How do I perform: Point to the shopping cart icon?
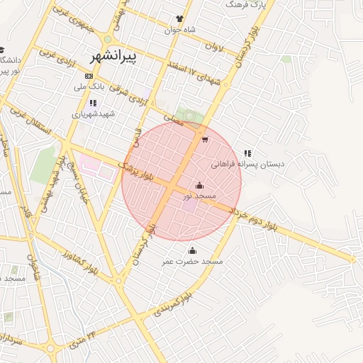[x=205, y=140]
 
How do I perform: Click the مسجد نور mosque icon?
[x=199, y=186]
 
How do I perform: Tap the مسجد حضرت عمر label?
[x=192, y=262]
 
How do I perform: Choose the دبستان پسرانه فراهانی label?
[x=247, y=164]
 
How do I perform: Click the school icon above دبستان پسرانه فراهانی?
[x=247, y=152]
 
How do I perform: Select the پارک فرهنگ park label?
[x=245, y=4]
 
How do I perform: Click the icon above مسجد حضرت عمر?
[x=192, y=250]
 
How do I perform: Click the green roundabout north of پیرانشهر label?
[x=107, y=40]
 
